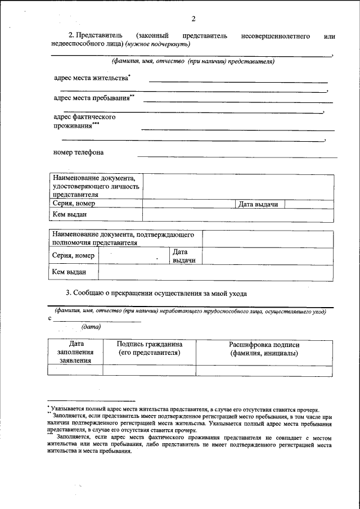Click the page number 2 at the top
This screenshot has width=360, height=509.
pos(193,19)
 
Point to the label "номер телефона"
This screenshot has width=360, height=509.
pos(78,152)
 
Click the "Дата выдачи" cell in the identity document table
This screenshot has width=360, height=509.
pos(258,204)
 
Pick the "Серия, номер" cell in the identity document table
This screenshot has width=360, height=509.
pos(74,204)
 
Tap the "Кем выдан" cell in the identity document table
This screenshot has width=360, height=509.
pos(70,214)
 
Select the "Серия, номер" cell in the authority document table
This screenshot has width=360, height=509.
pos(73,255)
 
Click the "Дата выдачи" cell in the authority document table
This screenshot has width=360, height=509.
pos(184,256)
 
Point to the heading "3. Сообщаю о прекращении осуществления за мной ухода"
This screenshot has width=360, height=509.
pos(156,293)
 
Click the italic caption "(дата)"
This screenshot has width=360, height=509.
pos(91,327)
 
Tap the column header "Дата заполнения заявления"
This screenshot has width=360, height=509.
pos(75,352)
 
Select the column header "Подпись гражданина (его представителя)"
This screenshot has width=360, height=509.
pos(149,348)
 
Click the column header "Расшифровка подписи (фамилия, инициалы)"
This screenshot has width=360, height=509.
pos(264,348)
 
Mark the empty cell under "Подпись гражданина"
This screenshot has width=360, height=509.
pos(149,370)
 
